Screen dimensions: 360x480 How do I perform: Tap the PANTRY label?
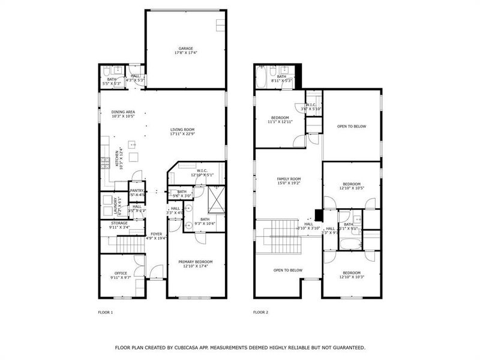point(137,191)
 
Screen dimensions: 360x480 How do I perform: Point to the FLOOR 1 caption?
point(106,312)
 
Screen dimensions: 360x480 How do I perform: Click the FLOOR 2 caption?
point(260,312)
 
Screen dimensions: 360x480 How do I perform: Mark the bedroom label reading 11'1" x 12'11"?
point(280,119)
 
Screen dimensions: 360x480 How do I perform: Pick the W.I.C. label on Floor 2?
point(313,106)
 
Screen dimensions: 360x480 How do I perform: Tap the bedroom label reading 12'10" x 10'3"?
point(352,274)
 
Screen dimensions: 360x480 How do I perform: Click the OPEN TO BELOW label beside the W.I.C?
point(351,127)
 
